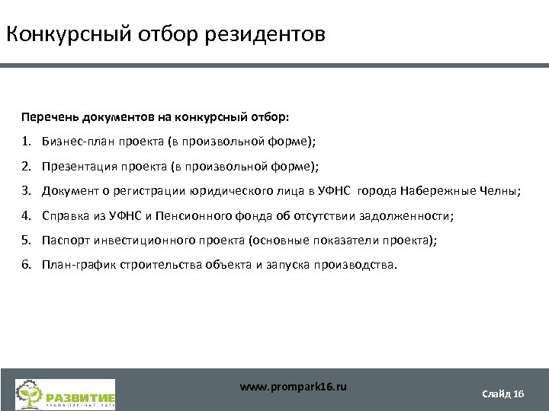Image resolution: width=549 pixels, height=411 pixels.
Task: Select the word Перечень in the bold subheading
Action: tap(48, 118)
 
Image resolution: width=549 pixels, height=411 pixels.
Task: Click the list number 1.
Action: tap(26, 142)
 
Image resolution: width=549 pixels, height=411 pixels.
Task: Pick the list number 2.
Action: tap(26, 166)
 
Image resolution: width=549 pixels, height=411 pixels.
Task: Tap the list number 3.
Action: tap(26, 191)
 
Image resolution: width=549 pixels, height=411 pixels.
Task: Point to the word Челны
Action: tap(499, 191)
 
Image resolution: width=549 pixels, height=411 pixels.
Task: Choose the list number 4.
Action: tap(26, 215)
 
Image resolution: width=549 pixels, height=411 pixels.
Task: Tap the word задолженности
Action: tap(407, 215)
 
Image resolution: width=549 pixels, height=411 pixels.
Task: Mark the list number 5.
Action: tap(26, 241)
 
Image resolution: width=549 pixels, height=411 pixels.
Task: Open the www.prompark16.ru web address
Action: tap(293, 387)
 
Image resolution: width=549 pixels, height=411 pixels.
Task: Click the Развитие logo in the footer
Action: tap(66, 395)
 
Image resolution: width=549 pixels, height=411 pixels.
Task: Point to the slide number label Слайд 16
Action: tap(503, 393)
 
